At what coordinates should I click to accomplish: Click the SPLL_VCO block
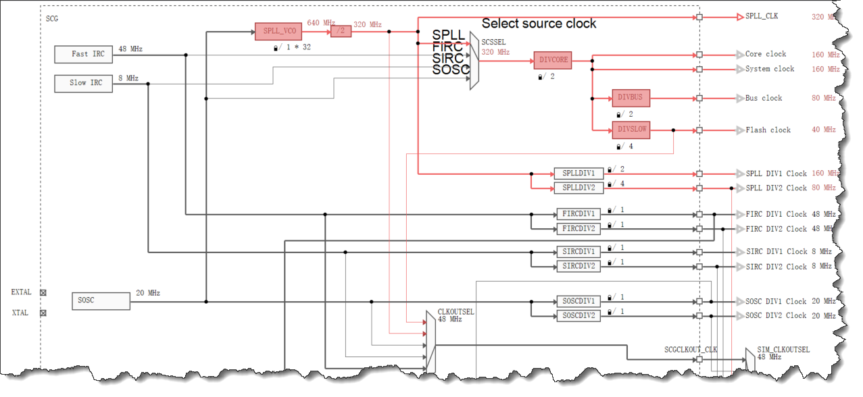[x=278, y=32]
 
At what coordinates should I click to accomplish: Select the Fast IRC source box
[x=84, y=54]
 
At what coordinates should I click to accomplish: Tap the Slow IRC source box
[x=84, y=83]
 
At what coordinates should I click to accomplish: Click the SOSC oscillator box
[x=101, y=301]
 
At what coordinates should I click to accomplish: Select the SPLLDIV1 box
[x=578, y=174]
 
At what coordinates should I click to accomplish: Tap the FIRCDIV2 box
[x=578, y=229]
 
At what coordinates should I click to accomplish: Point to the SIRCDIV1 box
[x=578, y=252]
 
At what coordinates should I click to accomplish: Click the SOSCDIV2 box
[x=578, y=315]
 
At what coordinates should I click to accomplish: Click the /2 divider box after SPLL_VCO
[x=341, y=32]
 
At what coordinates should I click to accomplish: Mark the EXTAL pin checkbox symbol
[x=43, y=292]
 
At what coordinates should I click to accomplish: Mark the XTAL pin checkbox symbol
[x=43, y=313]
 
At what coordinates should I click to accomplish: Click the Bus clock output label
[x=764, y=98]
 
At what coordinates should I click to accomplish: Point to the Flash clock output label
[x=768, y=130]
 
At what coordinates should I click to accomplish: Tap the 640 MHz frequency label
[x=321, y=23]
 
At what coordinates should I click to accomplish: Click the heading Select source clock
[x=539, y=24]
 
